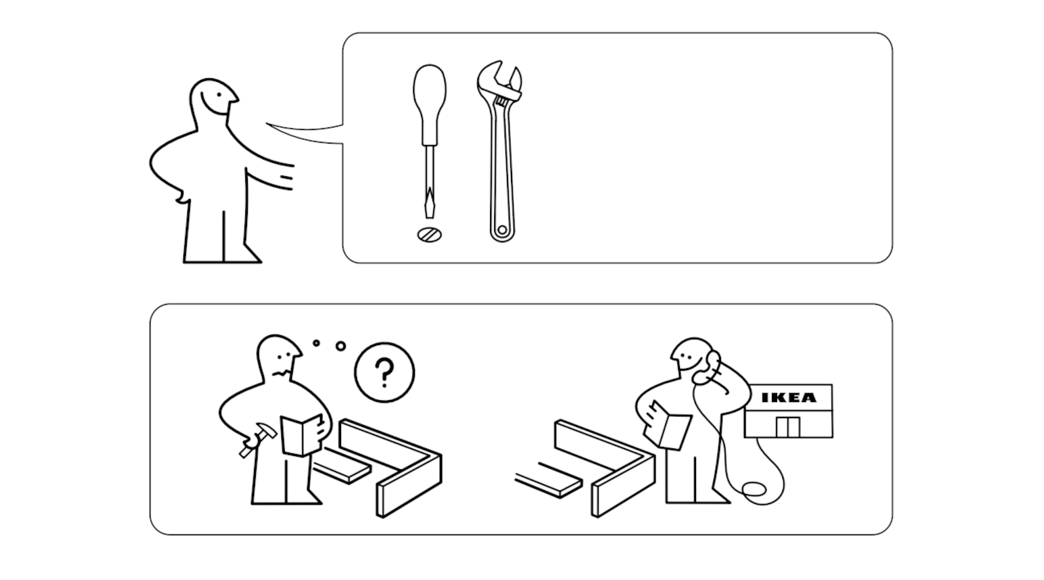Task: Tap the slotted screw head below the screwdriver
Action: click(429, 234)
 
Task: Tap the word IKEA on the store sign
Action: click(788, 398)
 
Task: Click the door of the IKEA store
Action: click(787, 427)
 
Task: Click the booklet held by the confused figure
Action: click(301, 435)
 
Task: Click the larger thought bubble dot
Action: click(340, 346)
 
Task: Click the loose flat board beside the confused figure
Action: click(342, 469)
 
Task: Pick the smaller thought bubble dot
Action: click(316, 343)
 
